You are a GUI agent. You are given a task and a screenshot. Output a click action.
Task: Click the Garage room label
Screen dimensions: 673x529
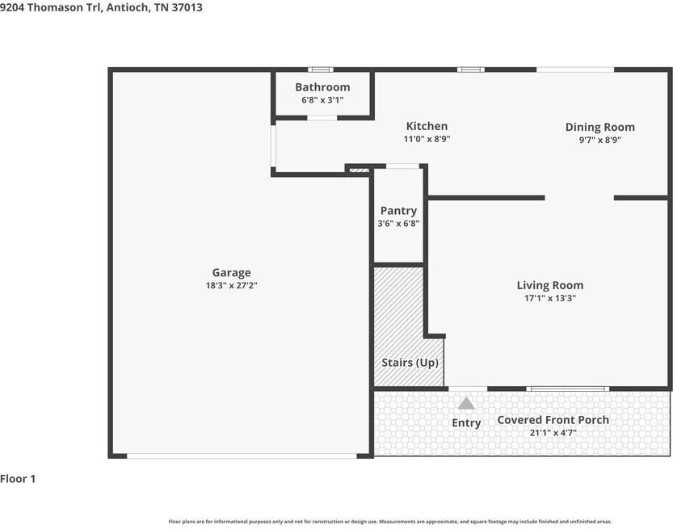(x=231, y=273)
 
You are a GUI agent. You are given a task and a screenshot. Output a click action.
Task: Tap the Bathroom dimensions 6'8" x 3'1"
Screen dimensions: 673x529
(x=322, y=100)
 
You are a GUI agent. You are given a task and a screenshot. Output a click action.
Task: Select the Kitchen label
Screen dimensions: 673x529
(x=427, y=126)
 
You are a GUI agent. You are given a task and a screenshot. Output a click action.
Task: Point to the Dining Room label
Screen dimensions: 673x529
(x=599, y=128)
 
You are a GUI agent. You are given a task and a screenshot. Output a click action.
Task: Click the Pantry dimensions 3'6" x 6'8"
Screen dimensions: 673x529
(x=398, y=224)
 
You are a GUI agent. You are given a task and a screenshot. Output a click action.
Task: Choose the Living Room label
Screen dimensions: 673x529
(x=550, y=286)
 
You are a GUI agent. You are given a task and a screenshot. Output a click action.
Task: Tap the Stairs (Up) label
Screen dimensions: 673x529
(x=410, y=363)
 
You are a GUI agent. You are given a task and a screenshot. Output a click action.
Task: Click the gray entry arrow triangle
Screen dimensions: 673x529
(x=466, y=403)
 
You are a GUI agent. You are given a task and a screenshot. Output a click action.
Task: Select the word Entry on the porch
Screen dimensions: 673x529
(x=466, y=423)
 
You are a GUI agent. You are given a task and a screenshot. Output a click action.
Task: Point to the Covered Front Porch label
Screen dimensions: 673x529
(x=553, y=420)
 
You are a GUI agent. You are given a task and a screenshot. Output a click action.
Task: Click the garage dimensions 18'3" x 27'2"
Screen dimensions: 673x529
(x=231, y=286)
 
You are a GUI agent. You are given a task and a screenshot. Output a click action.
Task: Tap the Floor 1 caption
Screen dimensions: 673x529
(x=18, y=479)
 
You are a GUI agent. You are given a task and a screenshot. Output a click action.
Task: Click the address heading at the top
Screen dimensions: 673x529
(x=101, y=7)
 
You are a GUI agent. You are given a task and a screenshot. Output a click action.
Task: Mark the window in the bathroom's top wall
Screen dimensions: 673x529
(x=321, y=69)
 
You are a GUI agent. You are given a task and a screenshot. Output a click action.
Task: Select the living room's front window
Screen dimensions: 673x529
(x=567, y=388)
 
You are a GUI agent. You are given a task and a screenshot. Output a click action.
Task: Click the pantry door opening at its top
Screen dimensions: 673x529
(x=402, y=166)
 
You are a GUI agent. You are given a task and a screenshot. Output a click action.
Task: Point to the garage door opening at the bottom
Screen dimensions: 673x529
(x=242, y=456)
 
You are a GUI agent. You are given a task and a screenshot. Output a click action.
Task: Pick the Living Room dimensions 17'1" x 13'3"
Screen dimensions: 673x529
(x=550, y=298)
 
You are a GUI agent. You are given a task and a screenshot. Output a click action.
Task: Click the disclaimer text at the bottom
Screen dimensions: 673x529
(x=389, y=522)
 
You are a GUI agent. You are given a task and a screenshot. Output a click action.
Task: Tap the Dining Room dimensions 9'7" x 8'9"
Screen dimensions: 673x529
(x=599, y=140)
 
